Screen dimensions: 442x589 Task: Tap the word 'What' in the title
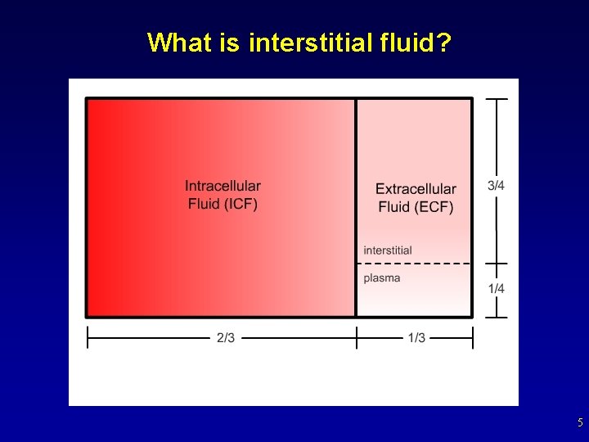(180, 42)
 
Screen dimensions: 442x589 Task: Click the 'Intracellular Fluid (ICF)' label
(223, 196)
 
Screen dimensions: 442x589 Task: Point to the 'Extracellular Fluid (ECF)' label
(416, 198)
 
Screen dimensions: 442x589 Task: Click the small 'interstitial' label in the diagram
(388, 250)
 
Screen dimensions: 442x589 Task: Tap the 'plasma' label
(382, 278)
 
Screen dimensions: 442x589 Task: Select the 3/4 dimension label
(496, 186)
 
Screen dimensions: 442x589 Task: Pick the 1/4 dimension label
(496, 289)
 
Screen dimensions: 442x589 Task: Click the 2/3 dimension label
(226, 338)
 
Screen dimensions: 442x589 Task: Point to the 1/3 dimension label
(416, 338)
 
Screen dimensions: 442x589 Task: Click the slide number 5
(579, 423)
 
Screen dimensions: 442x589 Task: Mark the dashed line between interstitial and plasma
(414, 264)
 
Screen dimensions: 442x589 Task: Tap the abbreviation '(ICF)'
(241, 205)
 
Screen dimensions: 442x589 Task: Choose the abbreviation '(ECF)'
(436, 207)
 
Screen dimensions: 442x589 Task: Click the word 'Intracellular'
(223, 187)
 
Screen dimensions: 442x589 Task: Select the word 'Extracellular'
(416, 189)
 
